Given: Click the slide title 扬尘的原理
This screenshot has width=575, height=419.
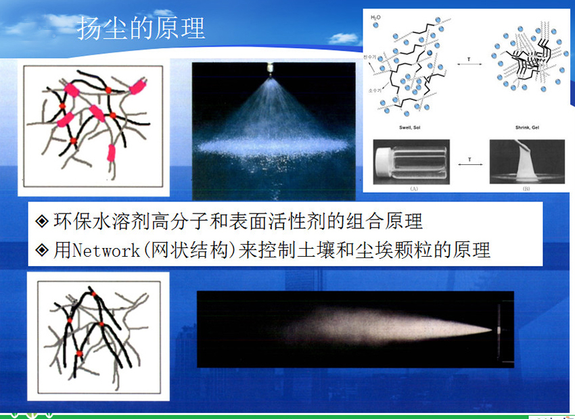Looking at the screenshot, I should (x=141, y=29).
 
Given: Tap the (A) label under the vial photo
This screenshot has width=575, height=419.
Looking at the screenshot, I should (x=413, y=189).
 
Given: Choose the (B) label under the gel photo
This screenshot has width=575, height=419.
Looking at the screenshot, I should (x=526, y=189).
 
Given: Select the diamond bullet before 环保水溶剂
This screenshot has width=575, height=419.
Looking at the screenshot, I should (x=42, y=221).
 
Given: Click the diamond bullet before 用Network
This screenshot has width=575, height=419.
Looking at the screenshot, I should (x=42, y=251).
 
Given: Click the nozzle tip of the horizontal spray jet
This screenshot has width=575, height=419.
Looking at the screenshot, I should (x=498, y=330).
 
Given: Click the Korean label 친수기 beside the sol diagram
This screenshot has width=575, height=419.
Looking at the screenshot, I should (x=369, y=59).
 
